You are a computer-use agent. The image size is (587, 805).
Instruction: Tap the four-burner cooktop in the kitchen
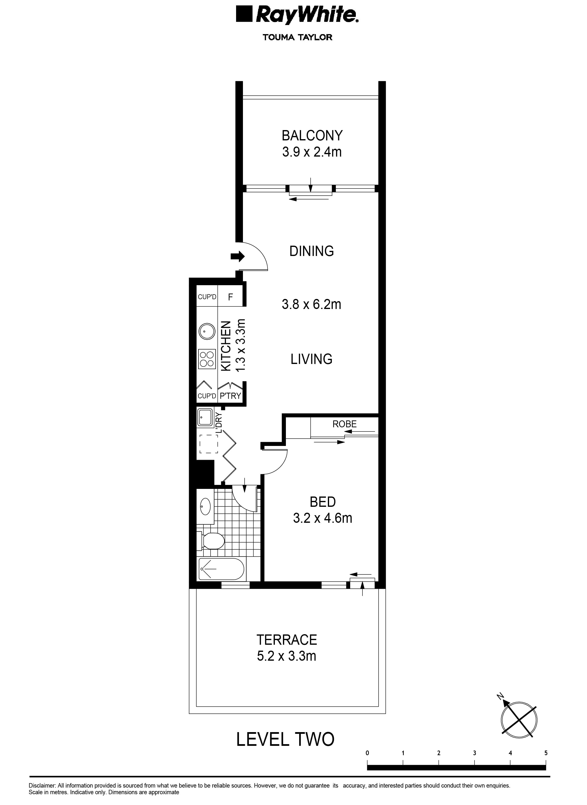pos(207,359)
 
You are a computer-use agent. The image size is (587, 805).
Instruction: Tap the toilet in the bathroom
pos(212,541)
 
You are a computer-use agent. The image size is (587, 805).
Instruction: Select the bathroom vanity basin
pos(205,506)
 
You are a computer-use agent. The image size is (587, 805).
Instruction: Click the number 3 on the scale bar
pos(474,753)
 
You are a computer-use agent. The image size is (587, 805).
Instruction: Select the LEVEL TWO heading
pos(285,739)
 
